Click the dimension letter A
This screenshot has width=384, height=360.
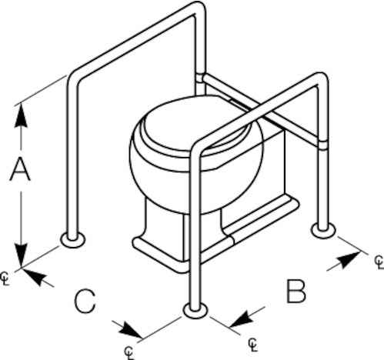[x=20, y=169]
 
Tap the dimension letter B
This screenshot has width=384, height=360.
[x=296, y=292]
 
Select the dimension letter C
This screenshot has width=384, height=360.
[x=85, y=302]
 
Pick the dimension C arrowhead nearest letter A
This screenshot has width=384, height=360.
[x=34, y=276]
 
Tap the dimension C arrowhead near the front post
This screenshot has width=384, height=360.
[x=130, y=330]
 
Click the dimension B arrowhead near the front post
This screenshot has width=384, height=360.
[x=242, y=319]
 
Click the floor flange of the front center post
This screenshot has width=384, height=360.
[x=195, y=310]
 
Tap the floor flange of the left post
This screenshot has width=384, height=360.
[x=73, y=240]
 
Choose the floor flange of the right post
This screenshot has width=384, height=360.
[x=323, y=231]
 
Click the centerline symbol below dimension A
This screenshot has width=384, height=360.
[x=5, y=278]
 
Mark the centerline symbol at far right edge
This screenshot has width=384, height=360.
[x=379, y=262]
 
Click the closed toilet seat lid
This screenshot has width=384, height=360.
[x=195, y=123]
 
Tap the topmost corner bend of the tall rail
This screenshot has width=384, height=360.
[x=199, y=8]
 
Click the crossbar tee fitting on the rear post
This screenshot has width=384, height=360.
[x=200, y=78]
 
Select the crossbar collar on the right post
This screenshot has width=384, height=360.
[x=322, y=145]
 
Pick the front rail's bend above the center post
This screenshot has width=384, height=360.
[x=197, y=148]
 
